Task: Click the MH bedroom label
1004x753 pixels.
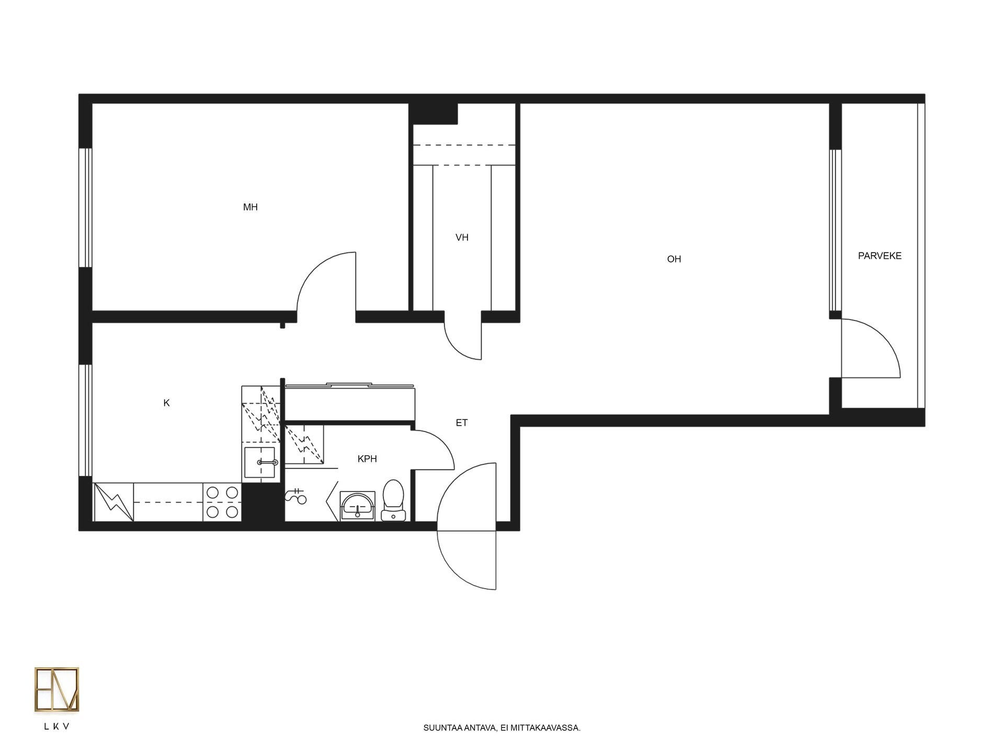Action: tap(250, 207)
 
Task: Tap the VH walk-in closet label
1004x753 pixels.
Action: tap(462, 237)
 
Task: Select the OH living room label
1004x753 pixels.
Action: tap(674, 259)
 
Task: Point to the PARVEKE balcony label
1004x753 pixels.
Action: tap(880, 256)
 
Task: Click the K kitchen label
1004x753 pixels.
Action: tap(166, 403)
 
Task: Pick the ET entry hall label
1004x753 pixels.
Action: tap(462, 423)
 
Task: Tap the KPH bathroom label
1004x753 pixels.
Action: tap(367, 459)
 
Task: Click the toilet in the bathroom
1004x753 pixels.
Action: tap(393, 500)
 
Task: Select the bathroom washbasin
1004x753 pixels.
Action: tap(358, 506)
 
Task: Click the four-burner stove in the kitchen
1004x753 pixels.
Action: tap(222, 502)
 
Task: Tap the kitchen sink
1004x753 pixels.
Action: tap(259, 462)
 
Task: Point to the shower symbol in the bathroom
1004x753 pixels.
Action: tap(296, 496)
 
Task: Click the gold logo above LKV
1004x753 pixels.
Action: tap(56, 689)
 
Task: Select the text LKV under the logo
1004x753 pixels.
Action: tap(56, 726)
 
